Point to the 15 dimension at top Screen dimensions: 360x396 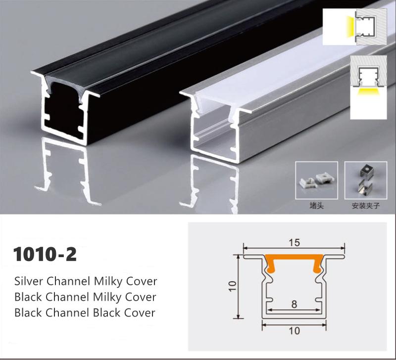294,243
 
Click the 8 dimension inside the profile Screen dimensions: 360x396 294,304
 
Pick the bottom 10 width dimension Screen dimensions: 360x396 294,331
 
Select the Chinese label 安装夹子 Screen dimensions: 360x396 364,204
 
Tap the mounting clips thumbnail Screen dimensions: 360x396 366,180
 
